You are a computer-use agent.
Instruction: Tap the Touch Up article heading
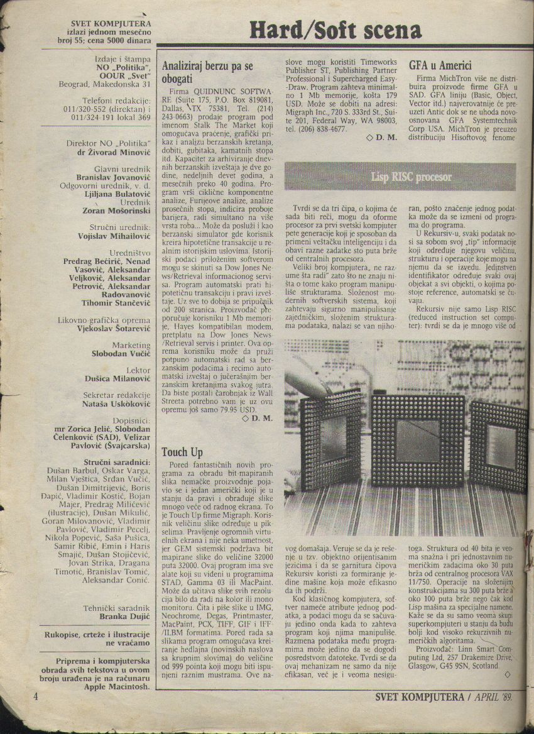[x=182, y=452]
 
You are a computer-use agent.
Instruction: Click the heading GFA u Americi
[x=440, y=65]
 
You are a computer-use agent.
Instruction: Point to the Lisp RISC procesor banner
[x=411, y=177]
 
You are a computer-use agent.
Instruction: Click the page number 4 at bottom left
[x=36, y=697]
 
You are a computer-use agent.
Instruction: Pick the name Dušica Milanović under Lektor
[x=117, y=378]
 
